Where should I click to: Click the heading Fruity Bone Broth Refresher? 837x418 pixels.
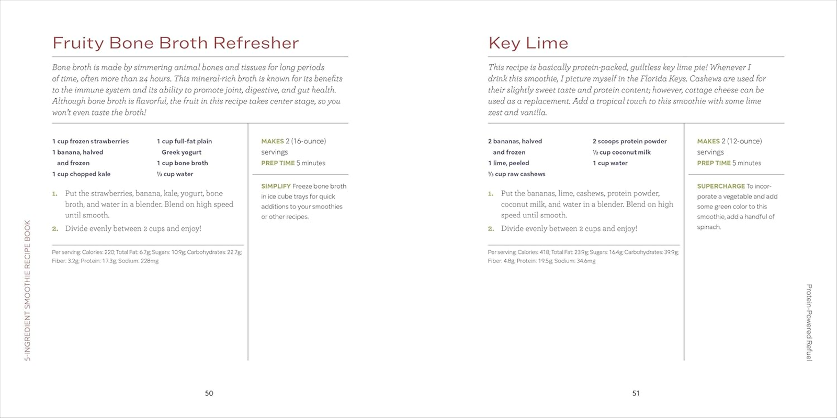[175, 43]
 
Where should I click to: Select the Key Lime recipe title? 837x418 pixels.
[528, 43]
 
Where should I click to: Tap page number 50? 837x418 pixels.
[209, 393]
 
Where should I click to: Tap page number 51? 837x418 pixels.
[636, 393]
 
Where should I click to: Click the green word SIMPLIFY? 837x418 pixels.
[276, 186]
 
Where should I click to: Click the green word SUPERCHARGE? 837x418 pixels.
[720, 186]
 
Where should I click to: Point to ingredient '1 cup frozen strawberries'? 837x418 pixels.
[91, 141]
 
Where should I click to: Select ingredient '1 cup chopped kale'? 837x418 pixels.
[81, 174]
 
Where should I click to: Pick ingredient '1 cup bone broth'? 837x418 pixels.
[182, 163]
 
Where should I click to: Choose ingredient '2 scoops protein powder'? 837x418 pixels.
[629, 141]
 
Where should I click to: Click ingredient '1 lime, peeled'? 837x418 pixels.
[508, 163]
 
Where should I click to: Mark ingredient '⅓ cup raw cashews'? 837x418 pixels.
[516, 174]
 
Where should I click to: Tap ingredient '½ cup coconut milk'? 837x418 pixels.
[621, 152]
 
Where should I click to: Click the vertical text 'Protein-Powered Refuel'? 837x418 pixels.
[809, 322]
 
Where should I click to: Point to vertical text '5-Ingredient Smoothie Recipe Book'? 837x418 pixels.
[28, 291]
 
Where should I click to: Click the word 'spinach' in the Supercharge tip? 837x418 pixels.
[708, 227]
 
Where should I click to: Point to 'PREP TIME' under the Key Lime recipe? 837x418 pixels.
[714, 163]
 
